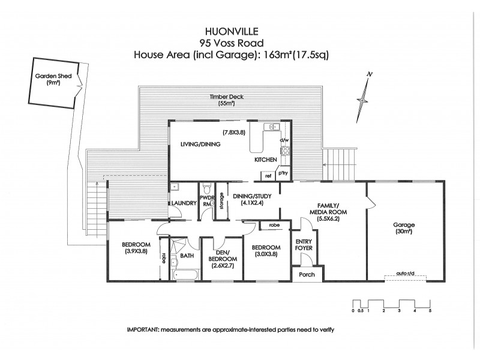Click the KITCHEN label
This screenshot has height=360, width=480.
click(x=265, y=160)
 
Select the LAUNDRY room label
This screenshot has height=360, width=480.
click(x=184, y=203)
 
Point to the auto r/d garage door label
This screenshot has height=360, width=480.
click(x=406, y=275)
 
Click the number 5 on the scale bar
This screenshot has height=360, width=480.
click(x=430, y=310)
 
